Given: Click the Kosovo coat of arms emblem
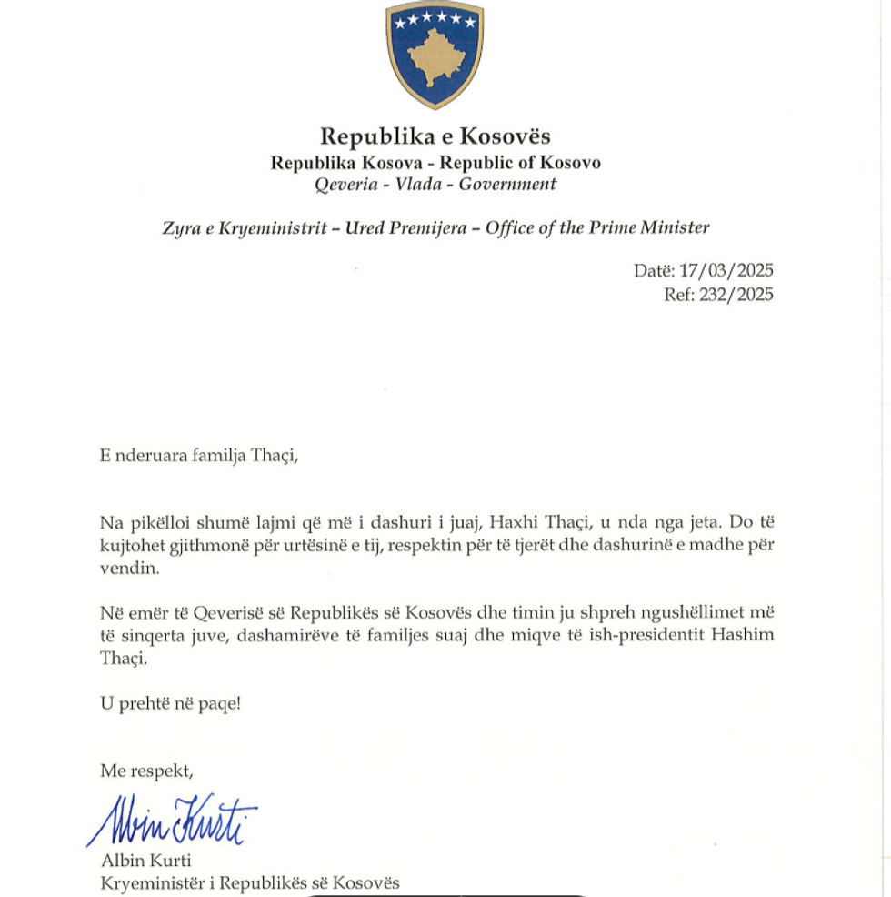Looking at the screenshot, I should (435, 55).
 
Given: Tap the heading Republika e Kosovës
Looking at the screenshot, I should (435, 137).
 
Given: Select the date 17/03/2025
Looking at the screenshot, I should (726, 271).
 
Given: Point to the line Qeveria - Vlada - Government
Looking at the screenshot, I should (435, 185).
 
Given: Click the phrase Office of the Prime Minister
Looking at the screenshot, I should (597, 228).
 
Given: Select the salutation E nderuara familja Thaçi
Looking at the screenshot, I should (199, 455).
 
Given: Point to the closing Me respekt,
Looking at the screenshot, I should (146, 771).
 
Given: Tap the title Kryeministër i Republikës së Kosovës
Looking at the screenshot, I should (249, 882).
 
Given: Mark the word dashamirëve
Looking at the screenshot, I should (284, 635).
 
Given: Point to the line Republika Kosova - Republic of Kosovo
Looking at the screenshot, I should (435, 163).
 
